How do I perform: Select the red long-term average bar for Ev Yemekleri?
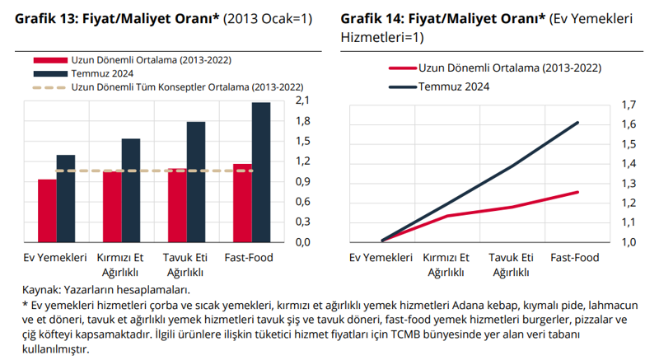click(x=47, y=210)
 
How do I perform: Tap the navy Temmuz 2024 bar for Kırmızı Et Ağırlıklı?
click(x=131, y=189)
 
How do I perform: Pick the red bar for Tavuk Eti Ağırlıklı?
click(x=177, y=205)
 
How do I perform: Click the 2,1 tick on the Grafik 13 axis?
click(x=301, y=101)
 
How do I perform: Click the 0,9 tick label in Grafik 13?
click(x=301, y=181)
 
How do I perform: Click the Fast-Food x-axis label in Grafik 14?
click(x=574, y=258)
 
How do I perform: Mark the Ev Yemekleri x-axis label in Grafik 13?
click(x=54, y=258)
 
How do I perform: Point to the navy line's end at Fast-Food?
click(x=578, y=123)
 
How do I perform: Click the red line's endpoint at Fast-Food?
click(x=578, y=192)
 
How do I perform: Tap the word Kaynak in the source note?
click(x=40, y=289)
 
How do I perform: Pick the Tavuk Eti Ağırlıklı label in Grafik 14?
click(x=511, y=264)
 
